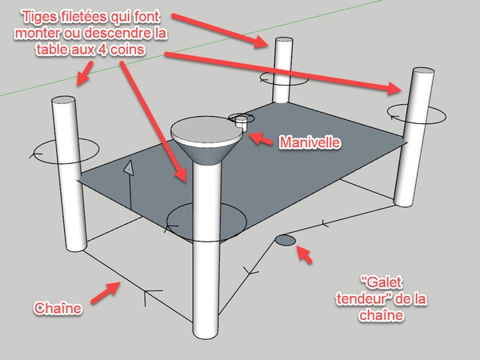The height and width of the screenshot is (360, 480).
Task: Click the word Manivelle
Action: tap(310, 142)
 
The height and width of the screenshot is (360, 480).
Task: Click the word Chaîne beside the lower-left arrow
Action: tap(58, 308)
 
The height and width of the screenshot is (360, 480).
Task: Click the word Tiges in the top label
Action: tap(39, 17)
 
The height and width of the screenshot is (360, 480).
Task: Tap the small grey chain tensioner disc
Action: tap(286, 240)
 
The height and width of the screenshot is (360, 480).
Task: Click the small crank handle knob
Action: tap(241, 122)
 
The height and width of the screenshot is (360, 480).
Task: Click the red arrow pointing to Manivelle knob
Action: tap(260, 138)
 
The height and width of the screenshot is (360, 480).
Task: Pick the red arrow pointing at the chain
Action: tap(106, 292)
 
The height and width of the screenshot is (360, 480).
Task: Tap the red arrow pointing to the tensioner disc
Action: tap(305, 254)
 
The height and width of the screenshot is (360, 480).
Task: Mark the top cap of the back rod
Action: tap(284, 41)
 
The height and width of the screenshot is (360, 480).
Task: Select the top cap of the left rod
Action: tap(64, 100)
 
